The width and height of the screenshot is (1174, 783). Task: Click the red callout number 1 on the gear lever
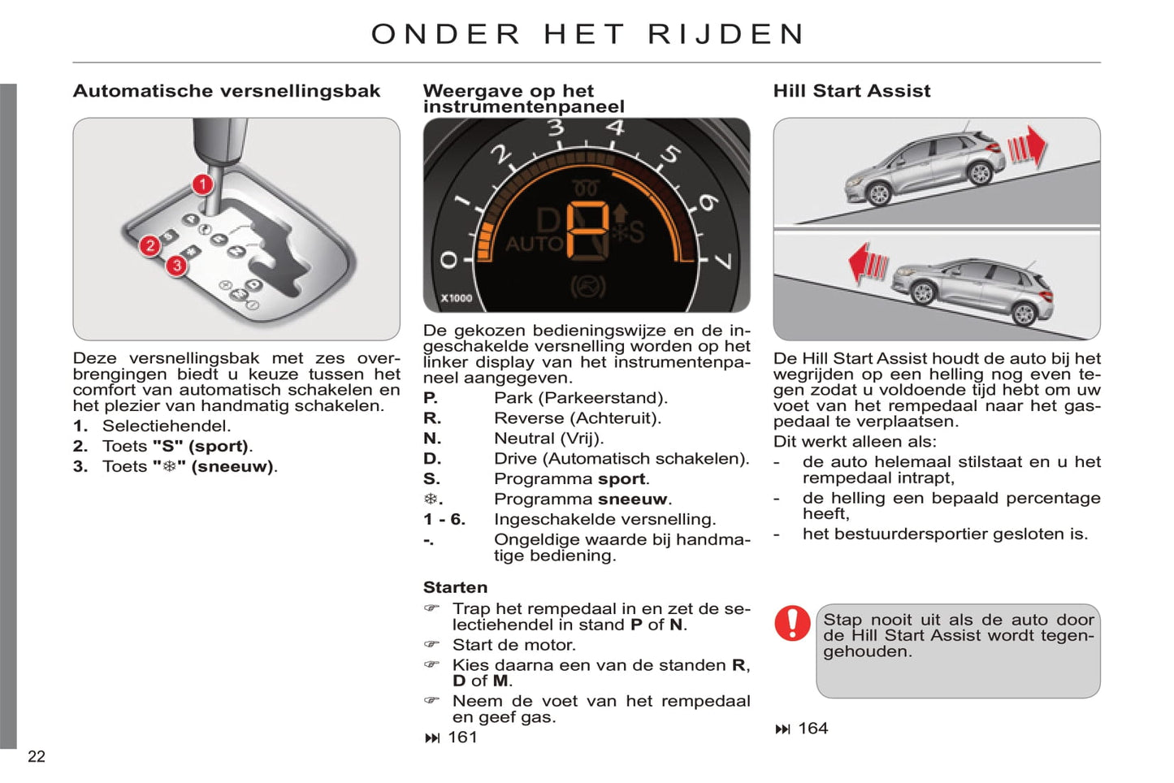(202, 185)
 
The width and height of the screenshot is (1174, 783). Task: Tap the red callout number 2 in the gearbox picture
(149, 245)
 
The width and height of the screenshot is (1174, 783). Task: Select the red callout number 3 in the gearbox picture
(176, 266)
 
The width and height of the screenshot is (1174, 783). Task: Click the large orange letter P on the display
(587, 230)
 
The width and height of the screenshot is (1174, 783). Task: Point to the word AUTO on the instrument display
(534, 244)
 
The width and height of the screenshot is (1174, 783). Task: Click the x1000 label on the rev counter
(457, 298)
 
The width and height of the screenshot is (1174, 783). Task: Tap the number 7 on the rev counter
(722, 261)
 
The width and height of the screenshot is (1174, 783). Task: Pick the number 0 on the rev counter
(448, 260)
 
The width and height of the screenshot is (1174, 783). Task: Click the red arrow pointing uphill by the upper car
(1028, 148)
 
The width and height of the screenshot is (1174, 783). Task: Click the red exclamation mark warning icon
(791, 623)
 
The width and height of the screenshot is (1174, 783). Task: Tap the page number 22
(37, 757)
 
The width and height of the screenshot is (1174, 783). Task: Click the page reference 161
(462, 738)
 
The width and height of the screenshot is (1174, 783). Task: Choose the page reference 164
(812, 729)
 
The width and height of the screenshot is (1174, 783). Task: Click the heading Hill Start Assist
(851, 91)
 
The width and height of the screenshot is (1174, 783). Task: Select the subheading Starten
(455, 587)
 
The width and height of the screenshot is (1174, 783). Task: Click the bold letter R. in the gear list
(432, 418)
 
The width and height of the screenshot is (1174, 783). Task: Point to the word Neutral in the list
(524, 439)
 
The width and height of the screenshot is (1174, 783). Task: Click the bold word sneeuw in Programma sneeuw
(632, 500)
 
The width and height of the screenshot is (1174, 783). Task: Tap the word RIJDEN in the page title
(726, 34)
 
